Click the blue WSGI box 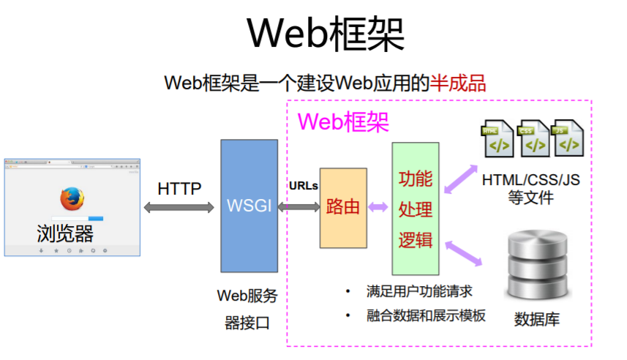tap(249, 206)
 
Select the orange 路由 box tap(342, 207)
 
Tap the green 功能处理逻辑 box tap(415, 208)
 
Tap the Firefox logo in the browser tap(72, 198)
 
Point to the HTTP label tap(179, 189)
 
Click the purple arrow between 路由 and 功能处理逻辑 tap(378, 207)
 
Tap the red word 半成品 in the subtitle tap(458, 82)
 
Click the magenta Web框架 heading tap(342, 121)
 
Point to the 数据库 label tap(537, 320)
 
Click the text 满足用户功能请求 tap(419, 291)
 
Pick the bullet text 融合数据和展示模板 tap(426, 316)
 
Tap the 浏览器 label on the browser tap(65, 233)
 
